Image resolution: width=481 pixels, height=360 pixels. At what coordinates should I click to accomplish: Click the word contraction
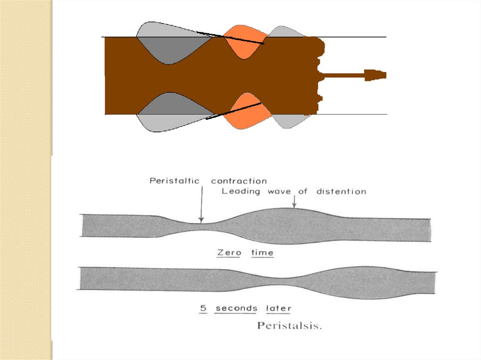point(239,181)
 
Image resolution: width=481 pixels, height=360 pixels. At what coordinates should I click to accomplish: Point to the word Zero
point(229,253)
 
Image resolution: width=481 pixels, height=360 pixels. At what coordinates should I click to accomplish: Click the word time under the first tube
point(262,253)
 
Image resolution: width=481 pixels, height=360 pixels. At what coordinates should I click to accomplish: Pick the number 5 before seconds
point(203,308)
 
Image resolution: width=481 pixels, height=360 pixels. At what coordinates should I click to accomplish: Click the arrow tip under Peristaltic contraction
point(201,220)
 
